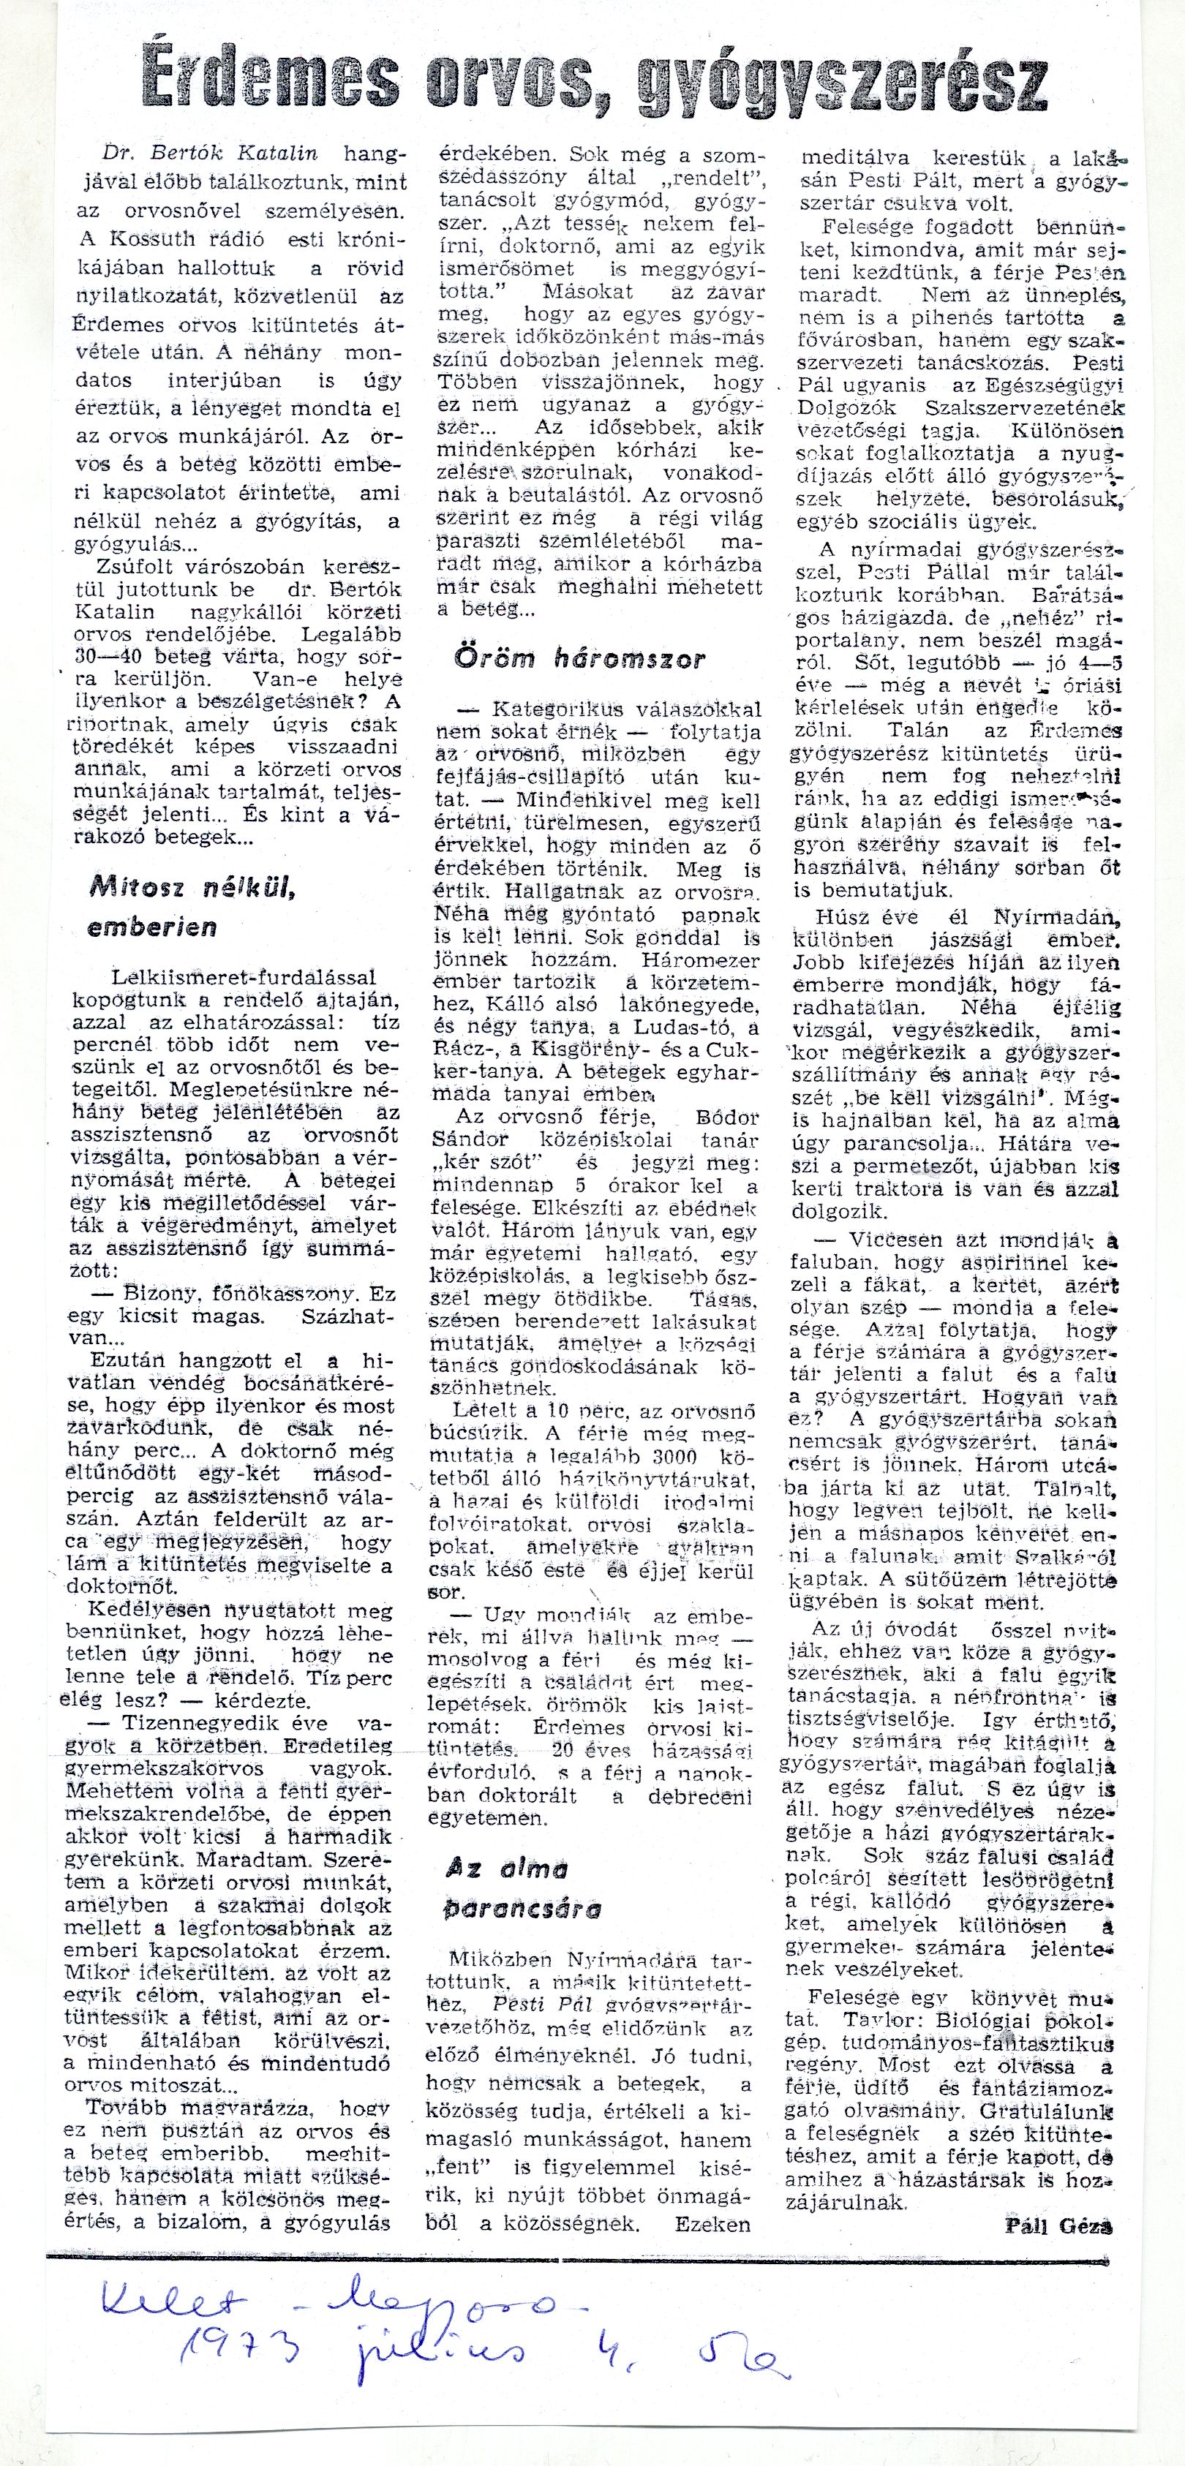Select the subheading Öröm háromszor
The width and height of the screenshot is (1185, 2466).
(579, 660)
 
